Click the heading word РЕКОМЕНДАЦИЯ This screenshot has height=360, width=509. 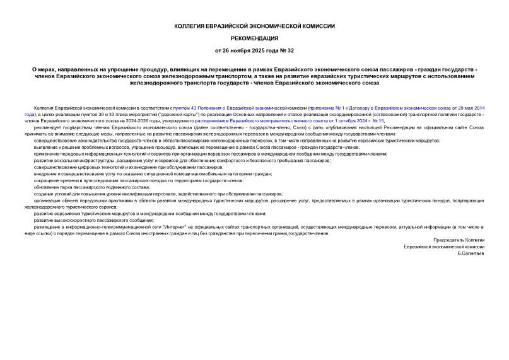(x=254, y=38)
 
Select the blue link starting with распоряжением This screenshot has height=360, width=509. (x=226, y=120)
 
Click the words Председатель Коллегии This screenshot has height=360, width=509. (x=459, y=240)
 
